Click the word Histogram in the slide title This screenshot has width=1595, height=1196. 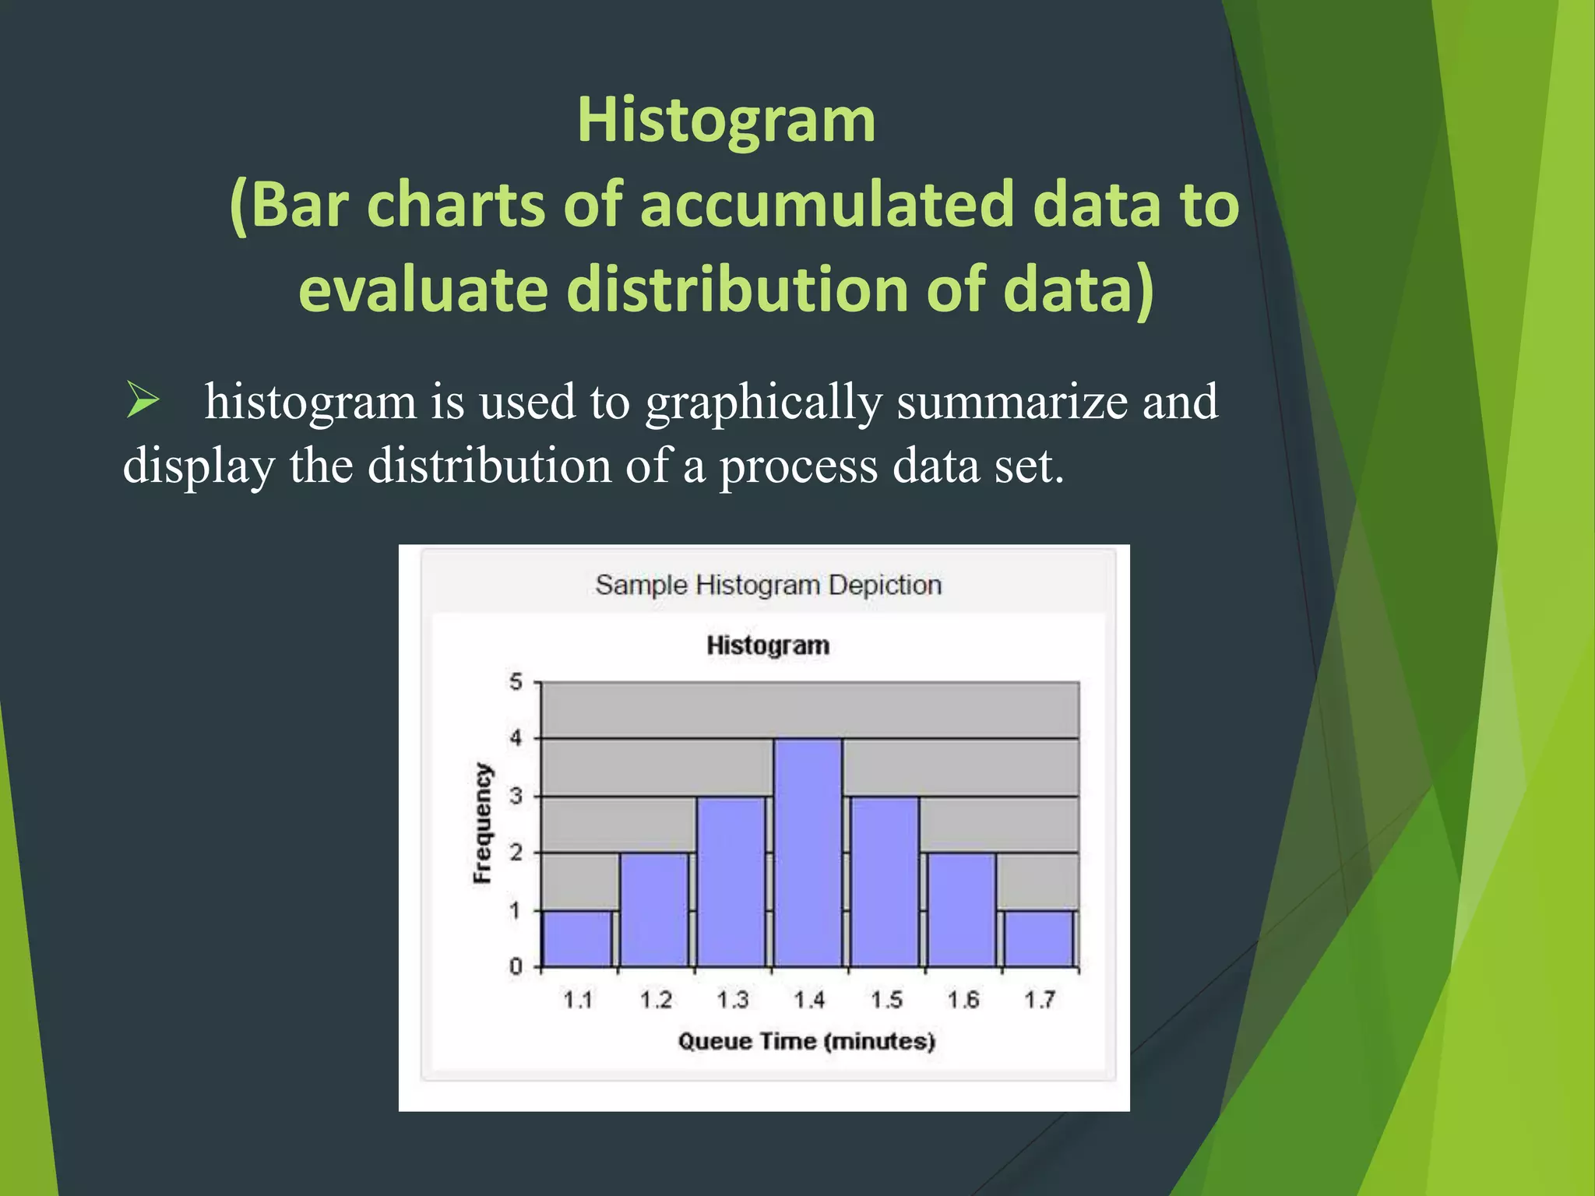pyautogui.click(x=726, y=121)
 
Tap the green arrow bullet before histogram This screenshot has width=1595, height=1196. pyautogui.click(x=143, y=401)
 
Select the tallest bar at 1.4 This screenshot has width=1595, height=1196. pyautogui.click(x=808, y=853)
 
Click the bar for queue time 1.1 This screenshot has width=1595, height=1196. pyautogui.click(x=577, y=938)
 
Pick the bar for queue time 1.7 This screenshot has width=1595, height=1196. pyautogui.click(x=1039, y=938)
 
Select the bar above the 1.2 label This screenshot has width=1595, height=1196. pyautogui.click(x=654, y=909)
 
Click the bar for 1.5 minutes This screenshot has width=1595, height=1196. pyautogui.click(x=885, y=881)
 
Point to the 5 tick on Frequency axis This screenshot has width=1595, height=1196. pyautogui.click(x=516, y=683)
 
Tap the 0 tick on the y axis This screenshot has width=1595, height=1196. pyautogui.click(x=516, y=967)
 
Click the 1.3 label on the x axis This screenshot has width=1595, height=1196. pyautogui.click(x=732, y=1000)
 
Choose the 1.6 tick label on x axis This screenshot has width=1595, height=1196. pyautogui.click(x=963, y=1000)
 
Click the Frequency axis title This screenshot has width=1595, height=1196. pyautogui.click(x=483, y=824)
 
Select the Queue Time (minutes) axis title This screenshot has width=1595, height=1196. pyautogui.click(x=806, y=1041)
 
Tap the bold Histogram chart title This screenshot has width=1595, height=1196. pyautogui.click(x=768, y=645)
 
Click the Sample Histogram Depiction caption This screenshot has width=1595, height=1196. pyautogui.click(x=768, y=585)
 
